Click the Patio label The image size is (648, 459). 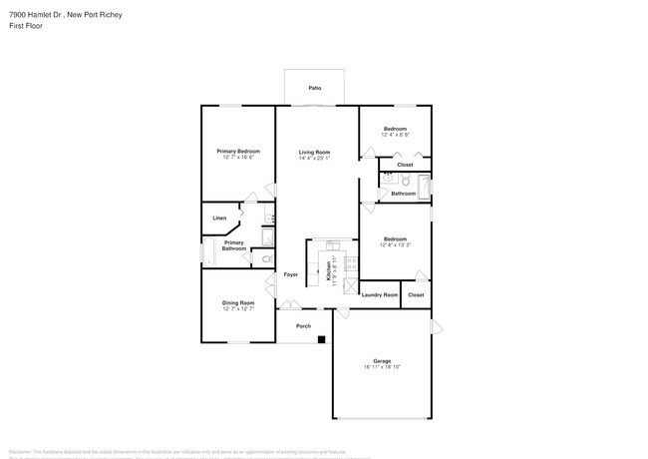(315, 89)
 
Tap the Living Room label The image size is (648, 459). (314, 152)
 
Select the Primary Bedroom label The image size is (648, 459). (238, 151)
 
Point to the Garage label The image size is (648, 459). (382, 361)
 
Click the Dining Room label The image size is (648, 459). (238, 302)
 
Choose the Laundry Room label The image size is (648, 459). (379, 294)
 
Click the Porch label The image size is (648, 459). (304, 325)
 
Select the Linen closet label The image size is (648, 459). (219, 218)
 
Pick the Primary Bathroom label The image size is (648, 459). (234, 245)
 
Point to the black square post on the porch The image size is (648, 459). (322, 340)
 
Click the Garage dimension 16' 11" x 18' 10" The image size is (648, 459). (382, 367)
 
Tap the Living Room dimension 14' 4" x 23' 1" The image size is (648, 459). (314, 158)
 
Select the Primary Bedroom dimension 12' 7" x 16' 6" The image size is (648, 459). (238, 157)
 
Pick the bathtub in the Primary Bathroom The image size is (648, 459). (207, 252)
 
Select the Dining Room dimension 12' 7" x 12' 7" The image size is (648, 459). (238, 308)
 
